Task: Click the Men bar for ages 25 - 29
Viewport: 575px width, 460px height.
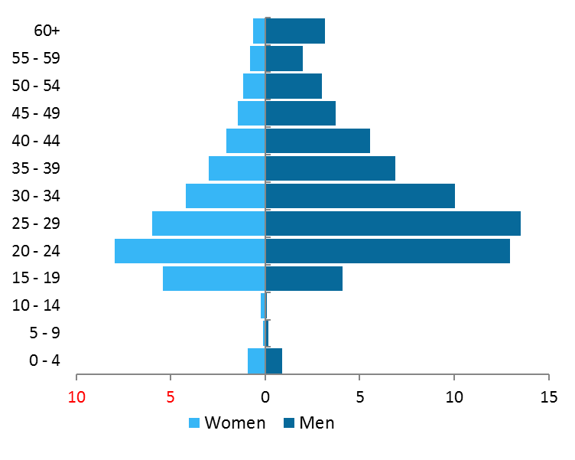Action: pyautogui.click(x=393, y=223)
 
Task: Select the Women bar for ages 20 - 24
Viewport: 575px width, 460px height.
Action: pyautogui.click(x=190, y=251)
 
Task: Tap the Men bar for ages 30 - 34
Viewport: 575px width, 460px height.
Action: pyautogui.click(x=360, y=196)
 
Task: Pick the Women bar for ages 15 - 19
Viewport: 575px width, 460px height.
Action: pyautogui.click(x=214, y=279)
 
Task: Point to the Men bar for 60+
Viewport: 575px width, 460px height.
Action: pyautogui.click(x=295, y=31)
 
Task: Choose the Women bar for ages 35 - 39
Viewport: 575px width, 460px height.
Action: pyautogui.click(x=237, y=168)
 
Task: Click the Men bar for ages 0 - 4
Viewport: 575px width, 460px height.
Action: pyautogui.click(x=274, y=360)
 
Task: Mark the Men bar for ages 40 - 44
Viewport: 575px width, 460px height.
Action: pyautogui.click(x=317, y=141)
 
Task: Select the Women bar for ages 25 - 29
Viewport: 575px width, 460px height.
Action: pyautogui.click(x=209, y=223)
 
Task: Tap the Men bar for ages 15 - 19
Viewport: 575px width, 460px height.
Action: pyautogui.click(x=304, y=279)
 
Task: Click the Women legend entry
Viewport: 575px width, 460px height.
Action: pyautogui.click(x=227, y=422)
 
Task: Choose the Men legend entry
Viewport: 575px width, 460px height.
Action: pyautogui.click(x=308, y=422)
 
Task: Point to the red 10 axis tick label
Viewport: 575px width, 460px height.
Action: pyautogui.click(x=76, y=397)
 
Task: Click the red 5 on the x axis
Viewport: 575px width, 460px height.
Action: pyautogui.click(x=171, y=397)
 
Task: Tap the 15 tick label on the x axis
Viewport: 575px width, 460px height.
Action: pyautogui.click(x=548, y=397)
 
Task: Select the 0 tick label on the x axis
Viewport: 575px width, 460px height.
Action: pyautogui.click(x=265, y=397)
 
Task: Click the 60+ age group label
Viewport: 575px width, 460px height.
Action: pyautogui.click(x=47, y=31)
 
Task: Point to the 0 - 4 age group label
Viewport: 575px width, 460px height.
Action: pyautogui.click(x=44, y=360)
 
